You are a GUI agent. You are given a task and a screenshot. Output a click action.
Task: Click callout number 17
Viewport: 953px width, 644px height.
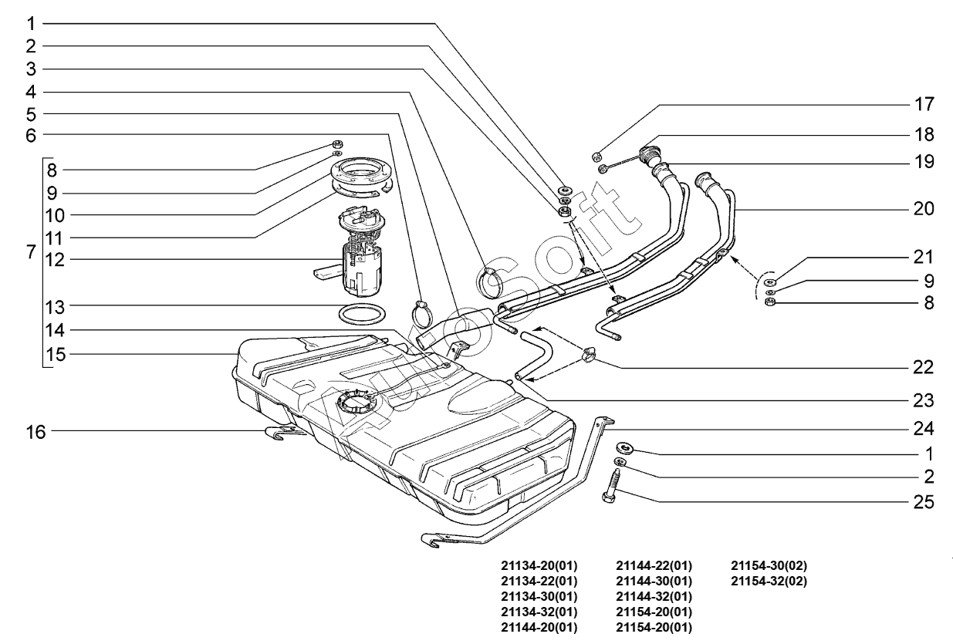tap(924, 104)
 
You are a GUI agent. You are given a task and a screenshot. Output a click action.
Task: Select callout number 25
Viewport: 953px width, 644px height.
tap(924, 502)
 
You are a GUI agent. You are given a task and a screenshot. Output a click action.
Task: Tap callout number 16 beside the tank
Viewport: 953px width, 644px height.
tap(35, 432)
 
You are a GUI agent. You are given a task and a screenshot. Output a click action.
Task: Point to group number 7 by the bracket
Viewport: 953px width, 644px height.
tap(31, 251)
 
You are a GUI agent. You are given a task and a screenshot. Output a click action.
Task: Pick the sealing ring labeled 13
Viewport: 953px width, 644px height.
tap(363, 314)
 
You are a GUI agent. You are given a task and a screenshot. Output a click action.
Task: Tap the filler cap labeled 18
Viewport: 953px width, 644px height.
tap(649, 157)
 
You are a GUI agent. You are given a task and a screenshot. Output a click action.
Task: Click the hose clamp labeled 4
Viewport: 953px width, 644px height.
tap(488, 282)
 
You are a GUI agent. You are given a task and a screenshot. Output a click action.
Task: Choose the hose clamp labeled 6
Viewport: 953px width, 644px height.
tap(421, 314)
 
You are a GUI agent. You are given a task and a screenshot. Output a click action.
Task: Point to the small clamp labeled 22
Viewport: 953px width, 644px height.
tap(589, 355)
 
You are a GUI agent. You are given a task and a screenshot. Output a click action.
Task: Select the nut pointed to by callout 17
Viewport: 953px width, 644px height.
tap(596, 157)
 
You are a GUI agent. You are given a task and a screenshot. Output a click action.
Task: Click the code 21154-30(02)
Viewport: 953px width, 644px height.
tap(769, 566)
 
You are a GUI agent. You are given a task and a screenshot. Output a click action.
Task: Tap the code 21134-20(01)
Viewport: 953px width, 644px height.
tap(539, 566)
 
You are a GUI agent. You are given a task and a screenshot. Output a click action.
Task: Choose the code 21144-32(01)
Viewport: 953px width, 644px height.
tap(654, 597)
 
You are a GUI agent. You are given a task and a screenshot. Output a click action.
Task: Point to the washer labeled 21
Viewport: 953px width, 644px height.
tap(769, 282)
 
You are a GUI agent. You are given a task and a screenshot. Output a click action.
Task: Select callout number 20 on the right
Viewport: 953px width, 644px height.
tap(924, 209)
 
